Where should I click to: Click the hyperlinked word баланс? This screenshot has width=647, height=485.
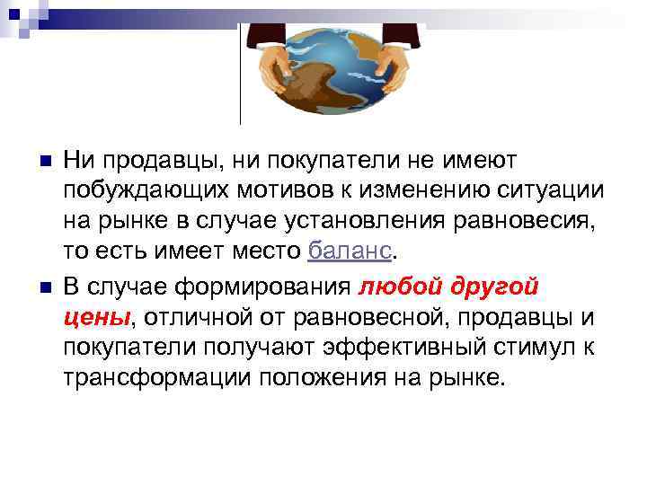[x=350, y=250]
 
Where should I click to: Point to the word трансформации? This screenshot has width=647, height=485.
[x=158, y=376]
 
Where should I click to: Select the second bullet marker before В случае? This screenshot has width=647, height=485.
[x=35, y=287]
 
